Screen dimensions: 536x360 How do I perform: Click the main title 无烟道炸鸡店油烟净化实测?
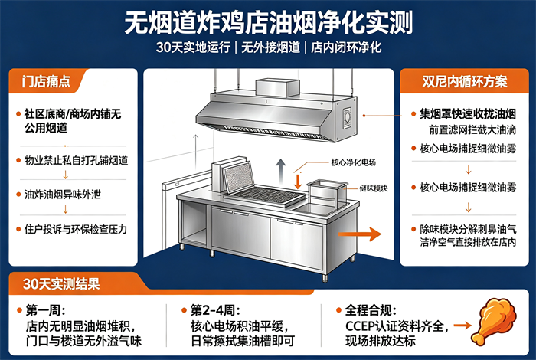click(268, 22)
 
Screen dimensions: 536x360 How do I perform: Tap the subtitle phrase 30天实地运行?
click(193, 47)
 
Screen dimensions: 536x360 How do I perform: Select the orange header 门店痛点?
click(46, 82)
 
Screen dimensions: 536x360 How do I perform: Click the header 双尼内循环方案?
click(465, 82)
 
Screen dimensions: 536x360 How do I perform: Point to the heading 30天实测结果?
click(61, 283)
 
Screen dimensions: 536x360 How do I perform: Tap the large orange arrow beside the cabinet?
click(360, 234)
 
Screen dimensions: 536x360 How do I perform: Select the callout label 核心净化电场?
click(354, 162)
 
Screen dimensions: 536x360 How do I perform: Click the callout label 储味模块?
click(374, 188)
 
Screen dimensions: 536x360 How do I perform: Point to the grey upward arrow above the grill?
click(281, 172)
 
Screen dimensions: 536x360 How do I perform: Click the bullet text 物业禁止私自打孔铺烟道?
click(76, 160)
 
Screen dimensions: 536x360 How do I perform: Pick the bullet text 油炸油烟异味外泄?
click(63, 195)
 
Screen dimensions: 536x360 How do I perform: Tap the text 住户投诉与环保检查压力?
click(76, 229)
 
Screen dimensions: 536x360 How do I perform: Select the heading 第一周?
click(45, 310)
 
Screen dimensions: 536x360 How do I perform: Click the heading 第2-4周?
click(215, 310)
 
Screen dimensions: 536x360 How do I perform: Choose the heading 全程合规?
click(371, 310)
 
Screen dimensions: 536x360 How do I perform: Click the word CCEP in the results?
click(360, 326)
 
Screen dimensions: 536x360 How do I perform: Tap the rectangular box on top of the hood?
click(277, 87)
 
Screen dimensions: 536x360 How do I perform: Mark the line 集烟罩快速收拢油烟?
click(468, 114)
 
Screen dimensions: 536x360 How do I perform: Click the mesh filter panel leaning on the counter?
click(239, 178)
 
